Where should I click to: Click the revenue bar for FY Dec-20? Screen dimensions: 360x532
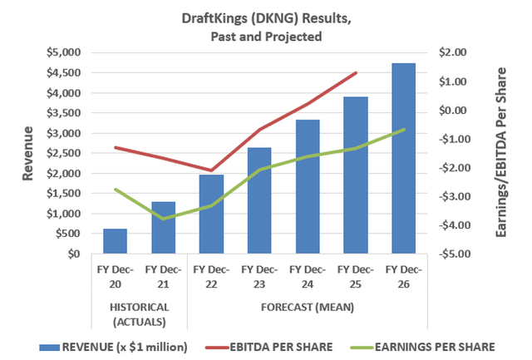(115, 241)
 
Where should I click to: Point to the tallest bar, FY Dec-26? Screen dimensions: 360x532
(405, 158)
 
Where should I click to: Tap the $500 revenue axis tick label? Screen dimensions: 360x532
(68, 234)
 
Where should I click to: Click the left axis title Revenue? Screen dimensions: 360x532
(28, 152)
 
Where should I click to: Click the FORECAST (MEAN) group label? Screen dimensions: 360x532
(308, 307)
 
